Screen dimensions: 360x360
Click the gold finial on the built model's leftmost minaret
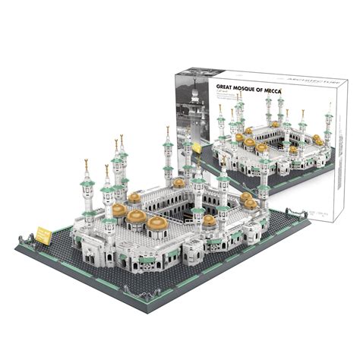tap(86, 163)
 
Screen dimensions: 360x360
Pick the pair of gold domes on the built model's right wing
tap(247, 201)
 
